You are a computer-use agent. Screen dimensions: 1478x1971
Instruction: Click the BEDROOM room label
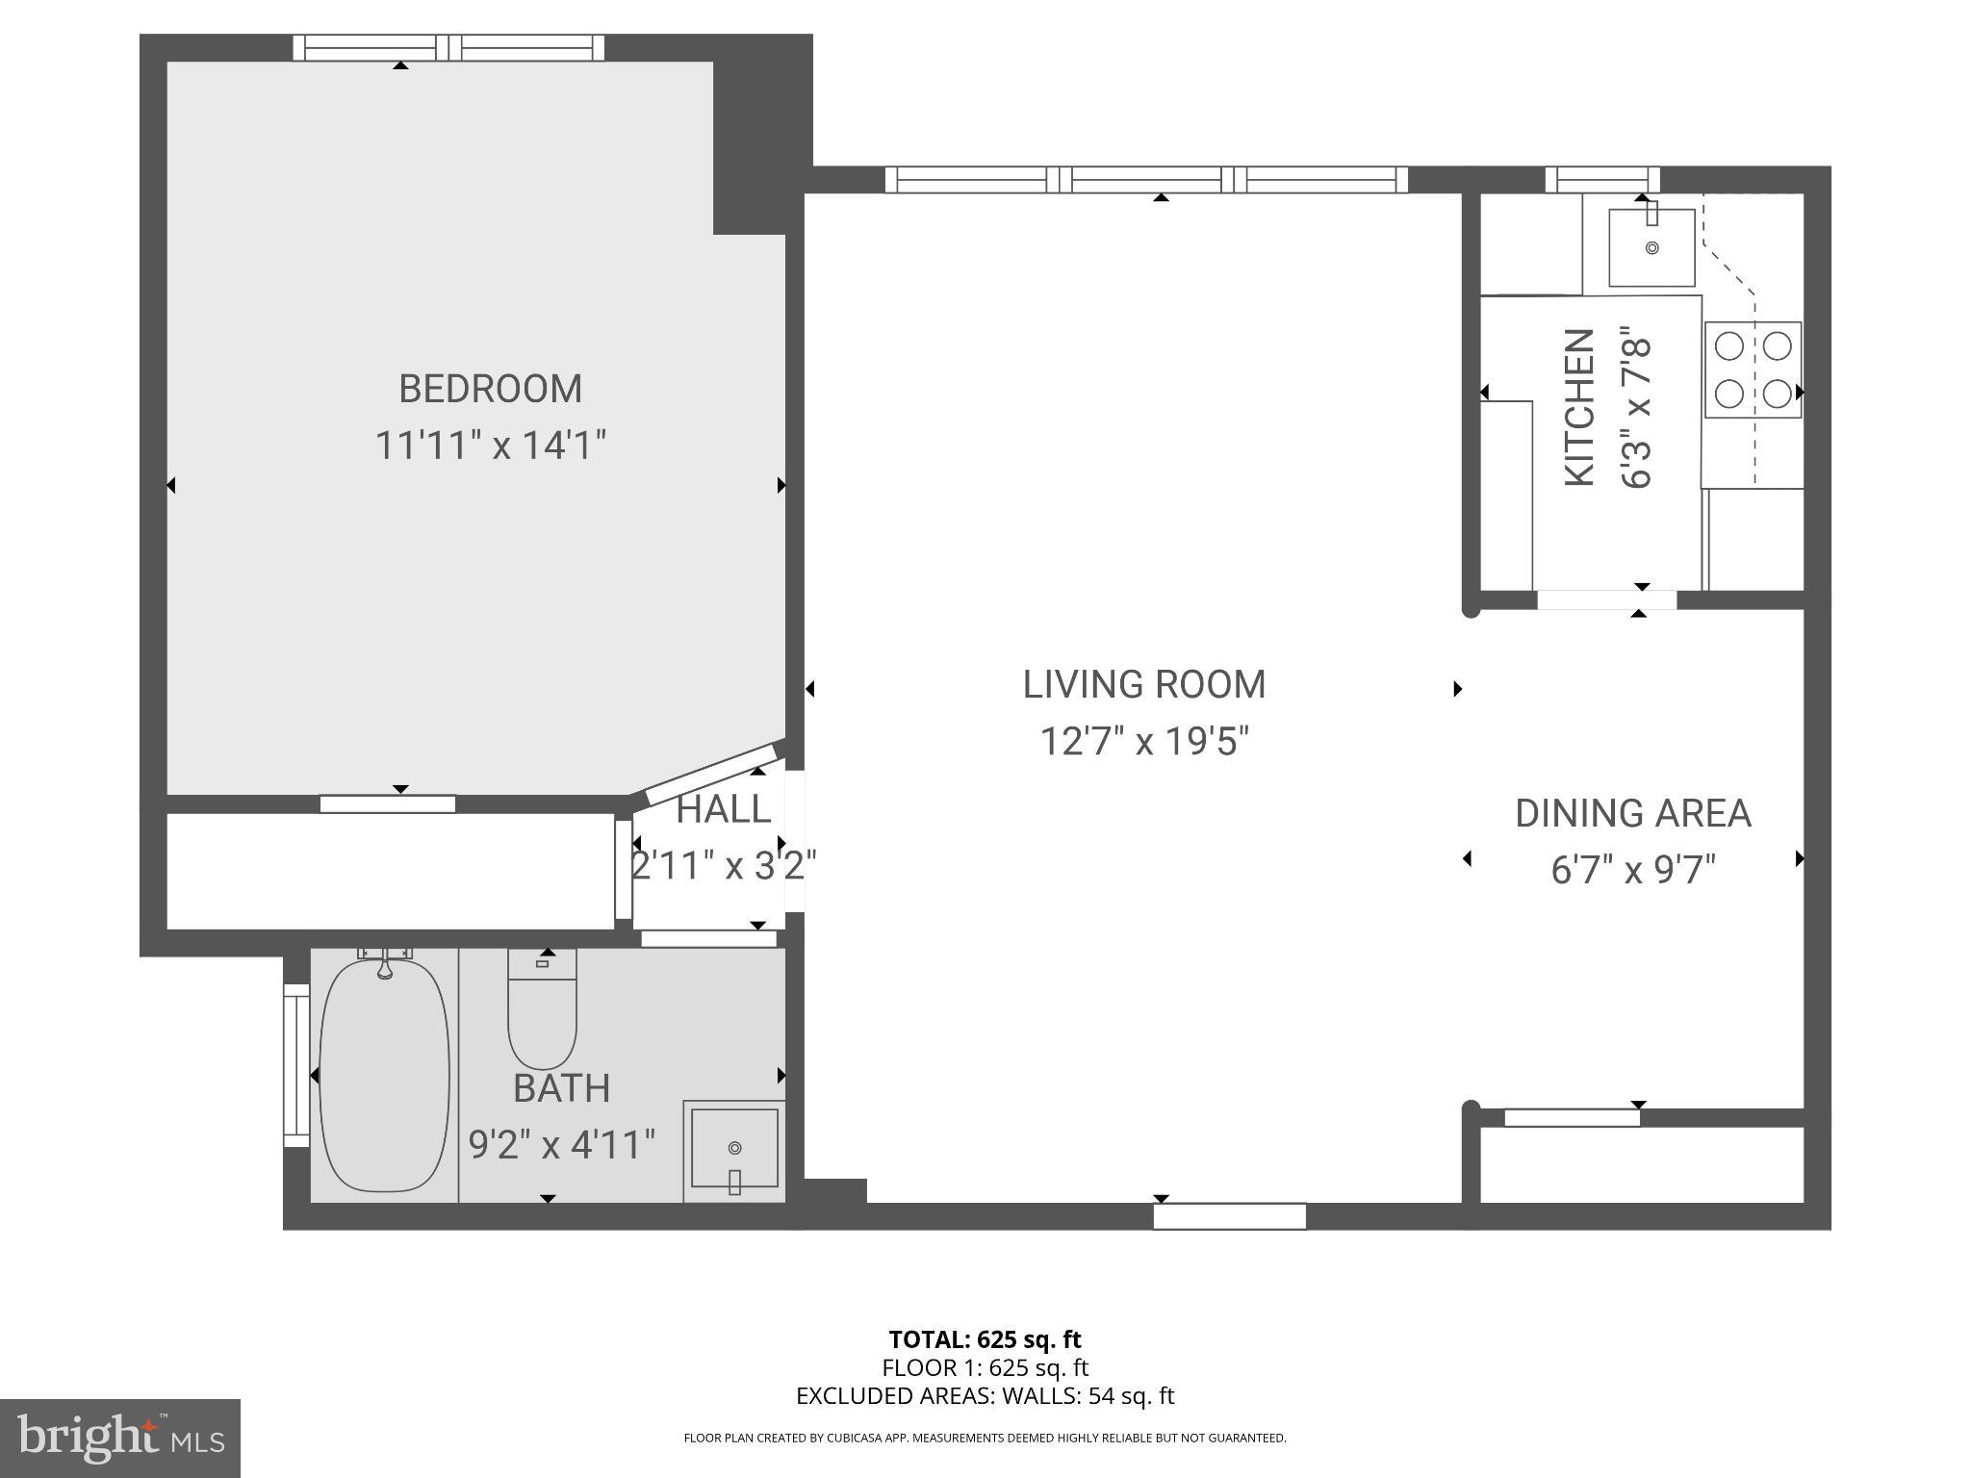[x=490, y=389]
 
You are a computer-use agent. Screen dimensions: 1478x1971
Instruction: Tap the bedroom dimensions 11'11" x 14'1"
[x=490, y=446]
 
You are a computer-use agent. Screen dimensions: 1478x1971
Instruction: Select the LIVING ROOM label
[x=1143, y=684]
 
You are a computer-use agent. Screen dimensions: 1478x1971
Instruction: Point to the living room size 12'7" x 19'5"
[x=1143, y=742]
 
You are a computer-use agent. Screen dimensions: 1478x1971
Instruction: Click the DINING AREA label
[x=1632, y=814]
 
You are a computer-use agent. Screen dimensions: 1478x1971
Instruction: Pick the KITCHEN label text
[x=1579, y=408]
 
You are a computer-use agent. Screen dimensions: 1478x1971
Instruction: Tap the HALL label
[x=723, y=809]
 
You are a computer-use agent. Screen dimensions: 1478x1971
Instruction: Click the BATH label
[x=561, y=1088]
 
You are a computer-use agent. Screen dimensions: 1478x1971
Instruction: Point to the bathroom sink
[x=734, y=1150]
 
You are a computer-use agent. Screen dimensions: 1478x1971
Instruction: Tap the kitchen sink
[x=1651, y=247]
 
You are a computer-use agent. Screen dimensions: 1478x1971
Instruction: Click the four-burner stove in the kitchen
[x=1753, y=369]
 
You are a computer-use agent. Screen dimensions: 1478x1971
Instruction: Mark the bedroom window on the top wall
[x=448, y=47]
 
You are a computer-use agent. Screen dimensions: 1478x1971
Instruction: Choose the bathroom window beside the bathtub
[x=295, y=1065]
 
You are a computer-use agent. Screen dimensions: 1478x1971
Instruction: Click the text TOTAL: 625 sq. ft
[x=985, y=1339]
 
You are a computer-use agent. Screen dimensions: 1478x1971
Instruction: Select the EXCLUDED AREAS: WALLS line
[x=985, y=1395]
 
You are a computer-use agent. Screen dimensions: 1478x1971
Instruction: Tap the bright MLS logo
[x=120, y=1439]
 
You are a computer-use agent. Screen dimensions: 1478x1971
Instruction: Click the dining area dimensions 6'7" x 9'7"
[x=1632, y=871]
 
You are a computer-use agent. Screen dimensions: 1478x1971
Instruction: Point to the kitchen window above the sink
[x=1601, y=179]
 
